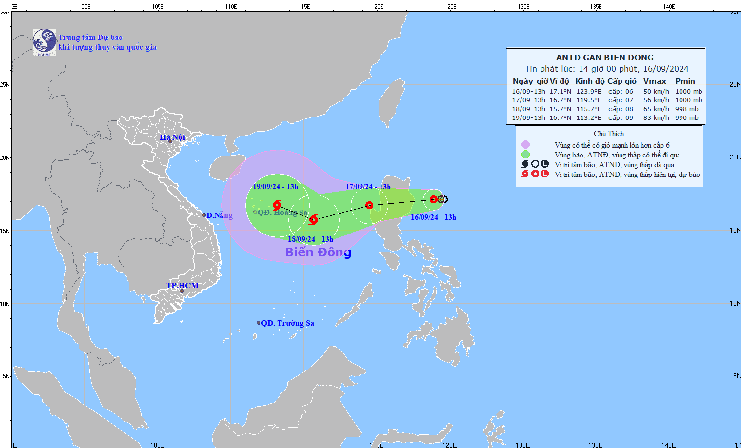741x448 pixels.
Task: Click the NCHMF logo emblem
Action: (x=44, y=42)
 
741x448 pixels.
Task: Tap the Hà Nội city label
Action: (x=173, y=137)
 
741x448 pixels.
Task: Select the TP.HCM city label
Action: (x=182, y=285)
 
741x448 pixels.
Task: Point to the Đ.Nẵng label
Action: (x=219, y=215)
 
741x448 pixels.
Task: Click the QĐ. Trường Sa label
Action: (x=287, y=323)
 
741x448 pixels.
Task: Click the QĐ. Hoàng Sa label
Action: (x=282, y=212)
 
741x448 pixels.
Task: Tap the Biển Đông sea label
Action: (x=318, y=252)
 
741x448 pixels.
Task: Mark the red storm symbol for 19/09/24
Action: (x=277, y=205)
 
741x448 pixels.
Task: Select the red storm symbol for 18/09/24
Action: (x=313, y=220)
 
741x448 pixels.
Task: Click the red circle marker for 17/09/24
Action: (x=369, y=205)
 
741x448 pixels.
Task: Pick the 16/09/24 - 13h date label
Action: (x=433, y=217)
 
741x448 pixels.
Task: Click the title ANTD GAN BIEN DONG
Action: (x=606, y=58)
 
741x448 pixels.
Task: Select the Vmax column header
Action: (x=655, y=81)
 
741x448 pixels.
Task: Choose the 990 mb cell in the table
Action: (x=686, y=117)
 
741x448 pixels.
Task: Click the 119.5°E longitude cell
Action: (x=589, y=100)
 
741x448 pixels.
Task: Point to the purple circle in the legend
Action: (x=525, y=145)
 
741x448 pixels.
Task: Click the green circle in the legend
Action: (x=525, y=155)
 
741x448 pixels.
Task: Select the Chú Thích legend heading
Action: (x=609, y=134)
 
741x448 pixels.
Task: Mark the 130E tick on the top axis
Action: (x=523, y=7)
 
